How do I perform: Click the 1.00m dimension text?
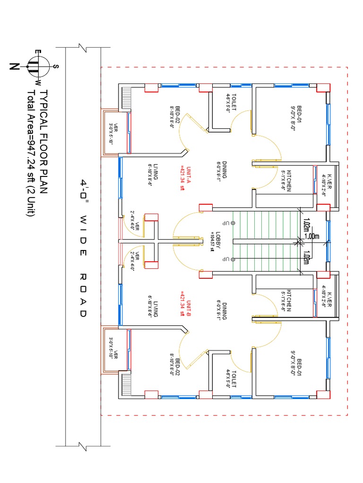point(312,236)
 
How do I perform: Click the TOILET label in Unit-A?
point(232,102)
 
